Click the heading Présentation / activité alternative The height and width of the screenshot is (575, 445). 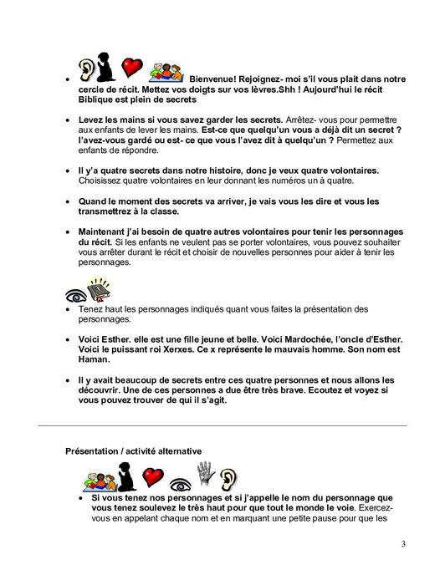(x=134, y=452)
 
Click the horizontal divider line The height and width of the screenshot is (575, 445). (x=222, y=426)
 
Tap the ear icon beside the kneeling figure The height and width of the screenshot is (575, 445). (x=86, y=70)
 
